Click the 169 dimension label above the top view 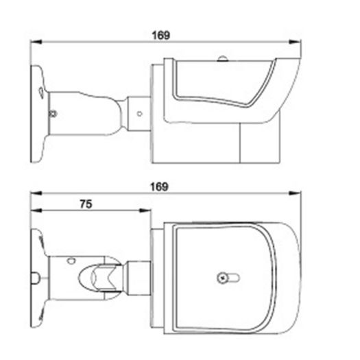(x=160, y=187)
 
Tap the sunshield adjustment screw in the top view (x=223, y=278)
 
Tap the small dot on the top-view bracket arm (x=70, y=260)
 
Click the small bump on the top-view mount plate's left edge (x=32, y=278)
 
